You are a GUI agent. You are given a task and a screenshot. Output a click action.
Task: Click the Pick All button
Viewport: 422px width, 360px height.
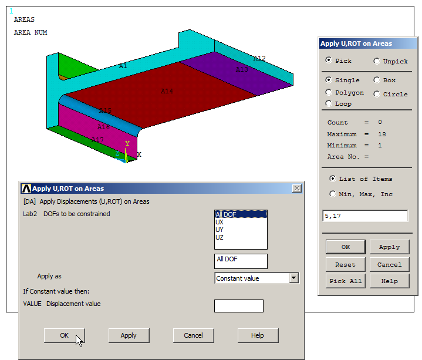coord(346,281)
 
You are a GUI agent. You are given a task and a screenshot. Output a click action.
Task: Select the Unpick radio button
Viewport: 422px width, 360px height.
coord(377,61)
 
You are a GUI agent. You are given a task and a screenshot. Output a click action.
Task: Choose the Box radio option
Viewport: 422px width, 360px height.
coord(377,80)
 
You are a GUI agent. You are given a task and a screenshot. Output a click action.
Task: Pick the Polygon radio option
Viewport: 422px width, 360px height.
coord(329,92)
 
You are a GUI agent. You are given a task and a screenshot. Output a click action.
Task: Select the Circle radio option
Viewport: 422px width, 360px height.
coord(377,94)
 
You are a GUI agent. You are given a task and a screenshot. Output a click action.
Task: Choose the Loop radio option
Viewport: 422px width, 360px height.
coord(329,103)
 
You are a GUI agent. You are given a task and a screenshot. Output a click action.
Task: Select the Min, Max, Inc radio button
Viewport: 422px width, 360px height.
coord(333,194)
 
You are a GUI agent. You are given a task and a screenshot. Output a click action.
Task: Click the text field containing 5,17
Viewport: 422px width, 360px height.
coord(365,216)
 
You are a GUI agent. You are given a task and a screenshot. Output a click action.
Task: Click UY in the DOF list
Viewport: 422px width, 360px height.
coord(220,230)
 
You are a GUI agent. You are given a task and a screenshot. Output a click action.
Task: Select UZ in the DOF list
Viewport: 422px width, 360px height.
coord(220,237)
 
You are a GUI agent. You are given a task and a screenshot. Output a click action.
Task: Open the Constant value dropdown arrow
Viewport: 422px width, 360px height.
coord(294,278)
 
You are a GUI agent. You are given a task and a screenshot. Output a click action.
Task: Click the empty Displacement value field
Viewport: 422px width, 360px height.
coord(238,306)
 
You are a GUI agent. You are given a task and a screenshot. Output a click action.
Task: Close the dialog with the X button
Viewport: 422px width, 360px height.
coord(297,189)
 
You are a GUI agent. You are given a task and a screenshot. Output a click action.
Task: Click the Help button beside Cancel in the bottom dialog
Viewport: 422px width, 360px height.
coord(258,335)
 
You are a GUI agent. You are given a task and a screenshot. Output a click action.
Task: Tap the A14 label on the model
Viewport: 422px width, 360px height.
coord(167,91)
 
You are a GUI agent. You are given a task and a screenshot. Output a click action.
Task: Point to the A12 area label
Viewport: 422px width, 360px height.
coord(259,58)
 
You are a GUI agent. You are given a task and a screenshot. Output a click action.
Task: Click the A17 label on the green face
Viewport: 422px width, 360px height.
coord(97,140)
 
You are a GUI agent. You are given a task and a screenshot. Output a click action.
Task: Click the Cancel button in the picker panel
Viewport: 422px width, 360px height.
coord(389,264)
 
